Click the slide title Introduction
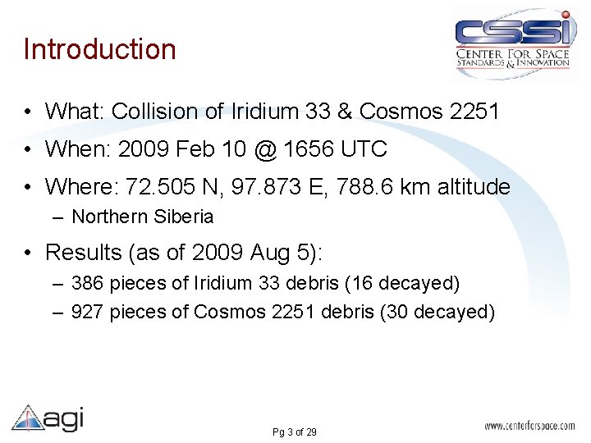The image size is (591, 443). pos(99,49)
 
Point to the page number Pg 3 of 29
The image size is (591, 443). pos(294,432)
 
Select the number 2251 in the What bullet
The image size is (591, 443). pos(474,111)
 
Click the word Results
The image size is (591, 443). pos(86,252)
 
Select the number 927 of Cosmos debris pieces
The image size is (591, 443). pos(88,313)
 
